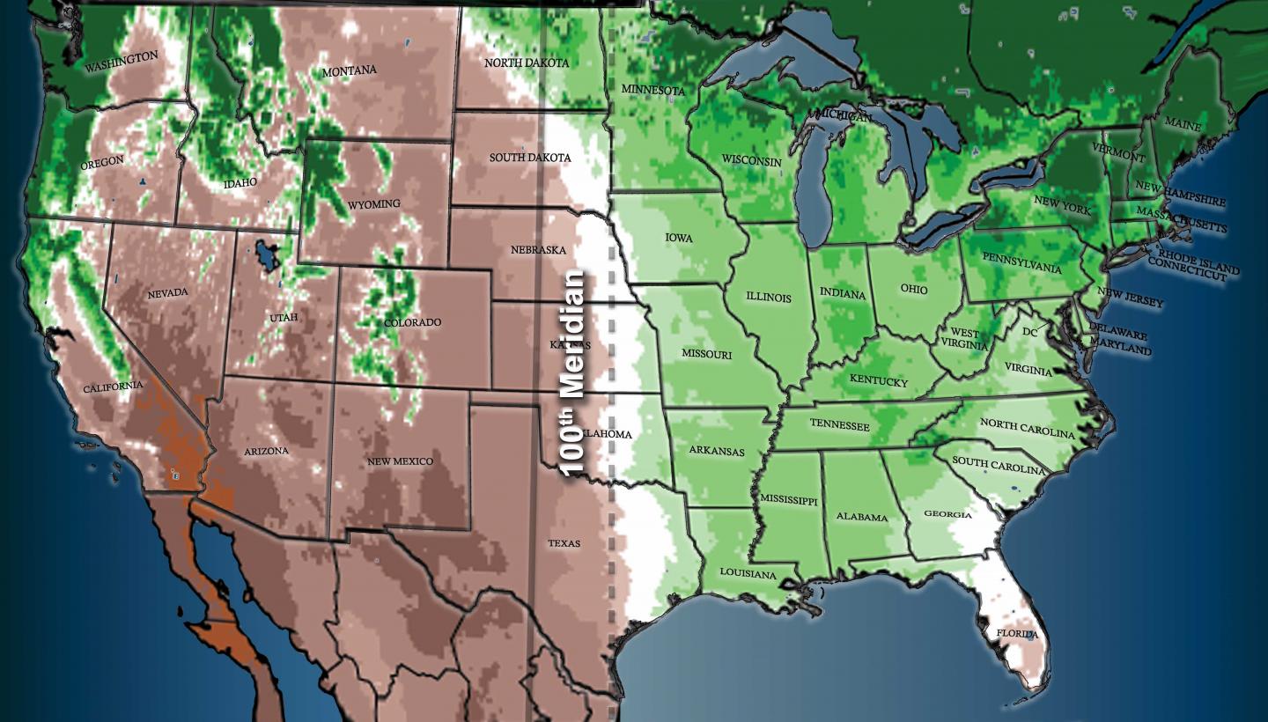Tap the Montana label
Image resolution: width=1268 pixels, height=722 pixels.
point(350,70)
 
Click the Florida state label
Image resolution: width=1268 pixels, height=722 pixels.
point(1017,634)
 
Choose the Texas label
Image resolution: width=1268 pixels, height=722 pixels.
point(564,543)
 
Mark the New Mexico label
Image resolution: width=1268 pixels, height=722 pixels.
point(401,461)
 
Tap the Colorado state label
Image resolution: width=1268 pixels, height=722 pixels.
point(412,322)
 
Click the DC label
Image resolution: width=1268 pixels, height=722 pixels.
point(1030,332)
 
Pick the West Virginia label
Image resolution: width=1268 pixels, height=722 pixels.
point(964,339)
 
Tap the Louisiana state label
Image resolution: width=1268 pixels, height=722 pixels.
point(748,574)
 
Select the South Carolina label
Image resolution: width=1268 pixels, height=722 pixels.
point(999,466)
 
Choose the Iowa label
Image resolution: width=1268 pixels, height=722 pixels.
point(678,238)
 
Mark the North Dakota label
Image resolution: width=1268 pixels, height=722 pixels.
point(527,63)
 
